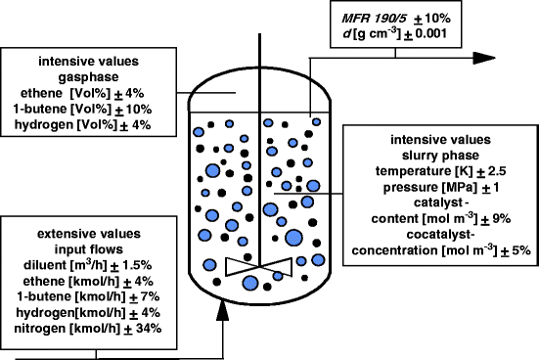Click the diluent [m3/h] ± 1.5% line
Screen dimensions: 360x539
(x=89, y=264)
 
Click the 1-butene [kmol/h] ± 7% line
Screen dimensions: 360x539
(x=89, y=295)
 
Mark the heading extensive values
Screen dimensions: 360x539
(x=88, y=234)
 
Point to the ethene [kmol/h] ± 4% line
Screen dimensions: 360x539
(x=89, y=280)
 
